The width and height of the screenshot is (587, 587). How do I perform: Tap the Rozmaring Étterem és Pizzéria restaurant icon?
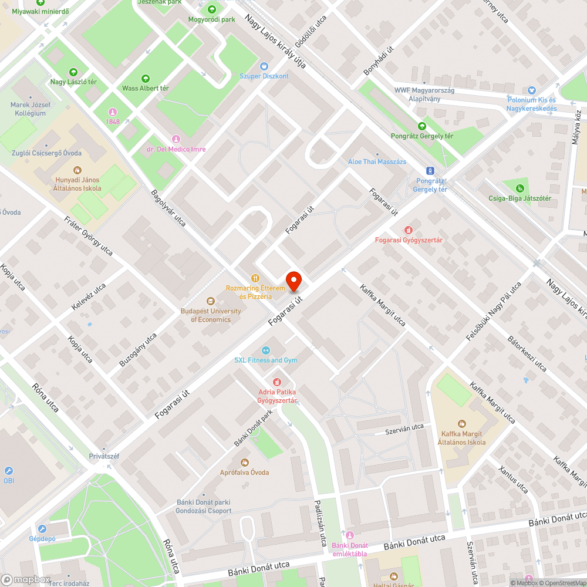[255, 278]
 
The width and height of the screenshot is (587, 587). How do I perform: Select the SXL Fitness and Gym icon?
[265, 350]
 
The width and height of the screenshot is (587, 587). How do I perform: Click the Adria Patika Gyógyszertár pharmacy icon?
[278, 382]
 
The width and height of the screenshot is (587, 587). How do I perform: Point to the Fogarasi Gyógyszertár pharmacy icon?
[409, 230]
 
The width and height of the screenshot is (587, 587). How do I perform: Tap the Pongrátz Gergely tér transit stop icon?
[430, 171]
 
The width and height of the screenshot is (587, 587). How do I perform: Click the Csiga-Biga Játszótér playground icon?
[519, 188]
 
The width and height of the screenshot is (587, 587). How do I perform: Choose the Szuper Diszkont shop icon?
[264, 67]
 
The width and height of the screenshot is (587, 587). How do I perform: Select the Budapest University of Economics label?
[211, 315]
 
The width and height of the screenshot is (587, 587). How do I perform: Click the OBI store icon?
[9, 471]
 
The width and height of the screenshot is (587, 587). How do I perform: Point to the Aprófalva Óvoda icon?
[244, 463]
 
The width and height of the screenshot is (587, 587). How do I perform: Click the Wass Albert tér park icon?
[146, 78]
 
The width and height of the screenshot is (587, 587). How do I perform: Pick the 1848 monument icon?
[113, 112]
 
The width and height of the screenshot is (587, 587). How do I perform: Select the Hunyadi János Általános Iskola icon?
[77, 170]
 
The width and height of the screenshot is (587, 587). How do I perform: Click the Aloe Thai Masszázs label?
[377, 162]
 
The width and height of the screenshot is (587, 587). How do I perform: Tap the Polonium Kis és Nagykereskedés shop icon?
[532, 90]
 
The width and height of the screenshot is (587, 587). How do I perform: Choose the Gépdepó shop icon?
[42, 528]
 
